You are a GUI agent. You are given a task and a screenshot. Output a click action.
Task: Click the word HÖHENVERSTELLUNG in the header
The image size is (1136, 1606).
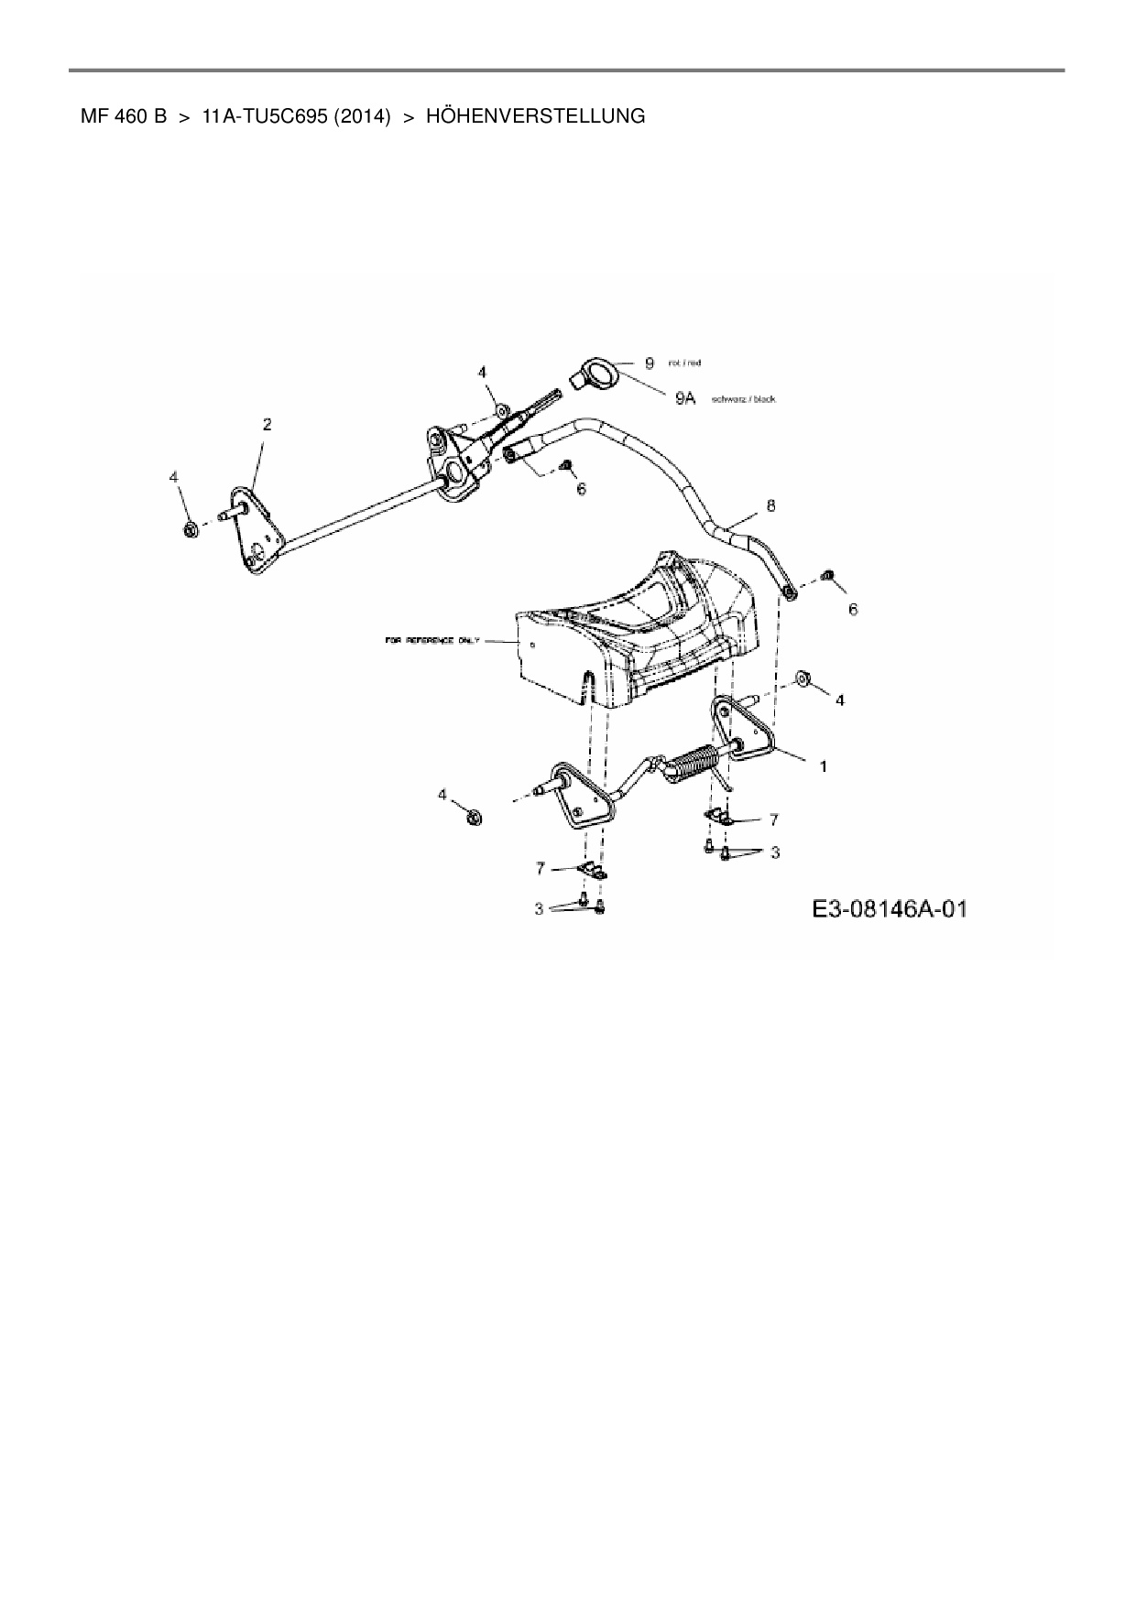[535, 116]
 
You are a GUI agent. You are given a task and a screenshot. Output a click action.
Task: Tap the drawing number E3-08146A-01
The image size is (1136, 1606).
[890, 909]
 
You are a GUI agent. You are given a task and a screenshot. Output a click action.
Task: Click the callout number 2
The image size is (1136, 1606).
[267, 424]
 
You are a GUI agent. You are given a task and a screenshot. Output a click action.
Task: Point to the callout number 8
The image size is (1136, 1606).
[770, 505]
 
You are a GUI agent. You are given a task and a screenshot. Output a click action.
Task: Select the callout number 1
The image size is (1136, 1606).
[823, 766]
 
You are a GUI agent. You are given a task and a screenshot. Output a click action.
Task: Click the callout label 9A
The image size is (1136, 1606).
[686, 398]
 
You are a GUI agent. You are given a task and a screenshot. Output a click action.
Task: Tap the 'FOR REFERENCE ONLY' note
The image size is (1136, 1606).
[431, 641]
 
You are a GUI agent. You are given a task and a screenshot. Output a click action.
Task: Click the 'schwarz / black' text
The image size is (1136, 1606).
[743, 399]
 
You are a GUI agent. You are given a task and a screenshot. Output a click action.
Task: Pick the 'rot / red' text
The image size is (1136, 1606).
[684, 364]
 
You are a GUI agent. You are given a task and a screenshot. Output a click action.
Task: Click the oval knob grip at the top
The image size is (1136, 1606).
[601, 374]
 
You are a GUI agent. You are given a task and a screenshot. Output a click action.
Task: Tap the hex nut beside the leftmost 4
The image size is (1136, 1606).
[190, 529]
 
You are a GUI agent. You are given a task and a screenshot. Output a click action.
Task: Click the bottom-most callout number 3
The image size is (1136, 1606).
[540, 908]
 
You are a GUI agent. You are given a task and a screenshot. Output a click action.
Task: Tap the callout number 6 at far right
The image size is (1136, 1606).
[853, 609]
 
